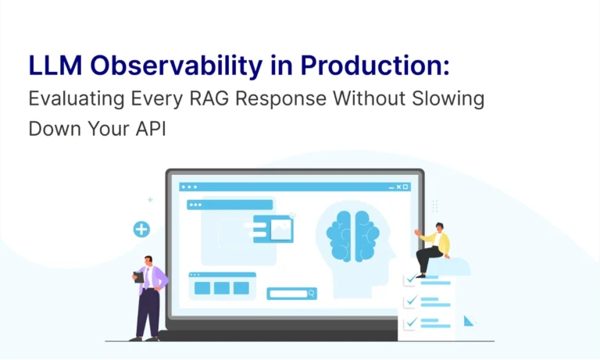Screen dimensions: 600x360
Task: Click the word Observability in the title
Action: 177,66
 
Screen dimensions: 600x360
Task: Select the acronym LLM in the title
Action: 55,66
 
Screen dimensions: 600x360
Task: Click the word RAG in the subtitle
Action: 209,98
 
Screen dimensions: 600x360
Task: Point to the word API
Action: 151,129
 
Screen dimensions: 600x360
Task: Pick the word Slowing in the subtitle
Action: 448,99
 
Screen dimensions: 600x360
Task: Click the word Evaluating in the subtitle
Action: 77,99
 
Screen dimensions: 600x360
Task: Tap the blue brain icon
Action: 353,237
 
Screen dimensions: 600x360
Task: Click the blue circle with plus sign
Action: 141,230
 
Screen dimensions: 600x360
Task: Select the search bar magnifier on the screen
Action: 311,294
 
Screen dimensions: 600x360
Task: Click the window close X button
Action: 398,187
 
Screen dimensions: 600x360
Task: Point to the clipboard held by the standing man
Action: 138,277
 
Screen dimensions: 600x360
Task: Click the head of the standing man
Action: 148,261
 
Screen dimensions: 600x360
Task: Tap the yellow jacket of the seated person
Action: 438,242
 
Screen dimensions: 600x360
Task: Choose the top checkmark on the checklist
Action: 411,279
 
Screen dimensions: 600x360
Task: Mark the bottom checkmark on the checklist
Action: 411,323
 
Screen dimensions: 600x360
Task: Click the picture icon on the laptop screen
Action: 281,229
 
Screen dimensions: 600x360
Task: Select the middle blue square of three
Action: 222,288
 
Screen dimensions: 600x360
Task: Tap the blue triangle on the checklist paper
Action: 469,321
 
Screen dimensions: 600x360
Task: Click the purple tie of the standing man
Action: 147,278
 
